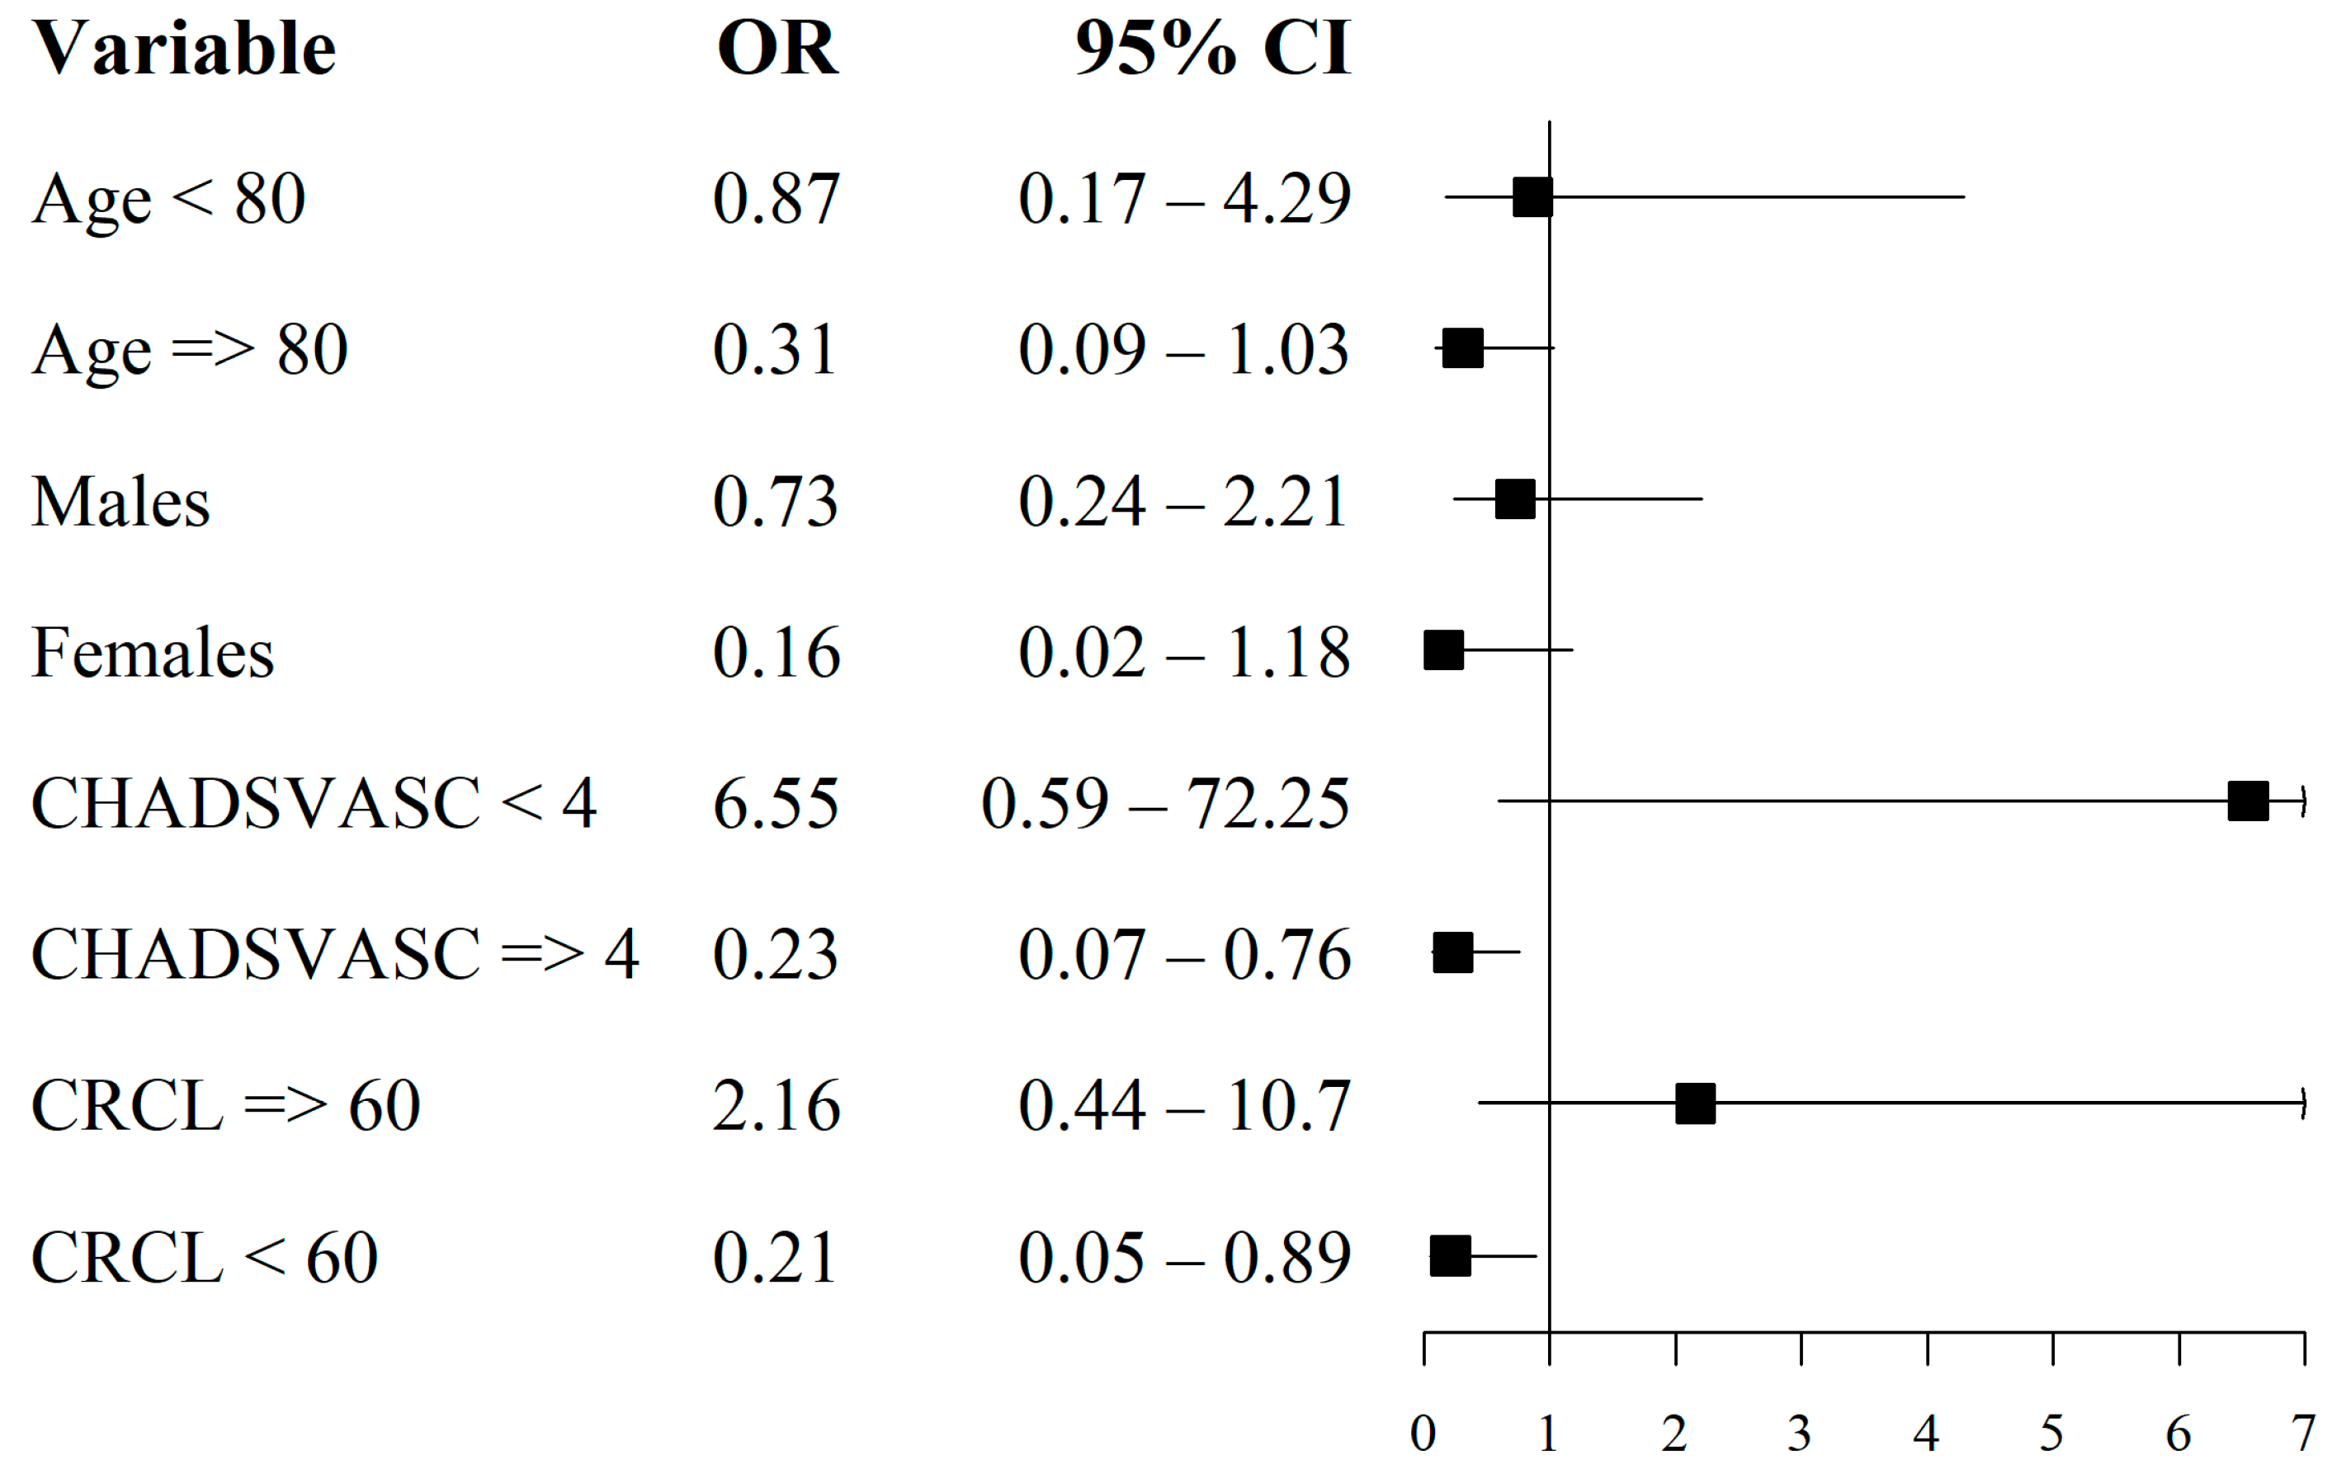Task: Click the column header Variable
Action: pyautogui.click(x=184, y=49)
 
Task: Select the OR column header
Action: pyautogui.click(x=777, y=49)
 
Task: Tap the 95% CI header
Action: pyautogui.click(x=1212, y=49)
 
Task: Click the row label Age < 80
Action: pyautogui.click(x=168, y=200)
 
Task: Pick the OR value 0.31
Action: pyautogui.click(x=775, y=350)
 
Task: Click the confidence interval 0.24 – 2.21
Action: pyautogui.click(x=1183, y=502)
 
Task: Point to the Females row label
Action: pyautogui.click(x=153, y=652)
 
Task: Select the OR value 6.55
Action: pyautogui.click(x=775, y=803)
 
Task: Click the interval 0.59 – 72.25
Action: pyautogui.click(x=1165, y=803)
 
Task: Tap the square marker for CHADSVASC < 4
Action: pyautogui.click(x=2248, y=801)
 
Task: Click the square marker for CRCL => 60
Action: pyautogui.click(x=1695, y=1103)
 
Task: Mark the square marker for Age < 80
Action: pyautogui.click(x=1532, y=196)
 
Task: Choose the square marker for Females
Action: pyautogui.click(x=1443, y=650)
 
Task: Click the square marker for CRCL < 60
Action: pyautogui.click(x=1450, y=1255)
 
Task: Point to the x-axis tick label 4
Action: pyautogui.click(x=1926, y=1434)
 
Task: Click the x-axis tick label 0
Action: pyautogui.click(x=1423, y=1434)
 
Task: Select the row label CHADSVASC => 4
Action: pyautogui.click(x=335, y=954)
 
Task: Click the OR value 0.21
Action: pyautogui.click(x=775, y=1257)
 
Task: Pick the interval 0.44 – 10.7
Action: pyautogui.click(x=1183, y=1105)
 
